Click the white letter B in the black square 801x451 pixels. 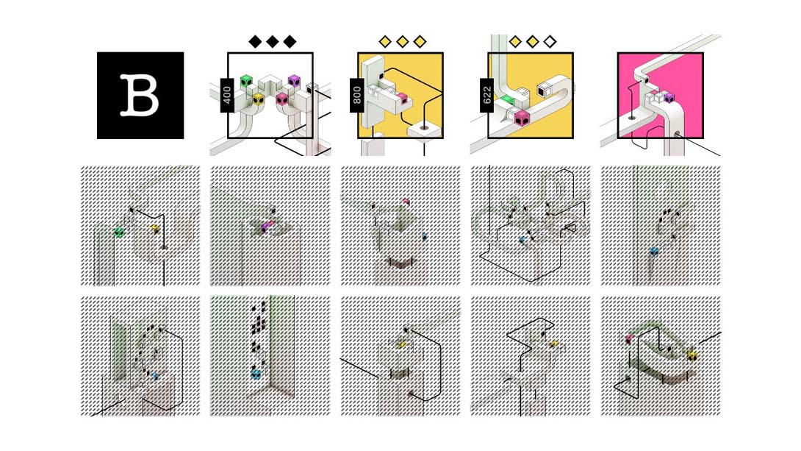point(140,95)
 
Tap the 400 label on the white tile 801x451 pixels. point(227,95)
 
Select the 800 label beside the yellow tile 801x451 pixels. point(356,95)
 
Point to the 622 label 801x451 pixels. point(486,95)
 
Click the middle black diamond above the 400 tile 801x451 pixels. point(273,41)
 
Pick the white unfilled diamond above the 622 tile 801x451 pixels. point(550,41)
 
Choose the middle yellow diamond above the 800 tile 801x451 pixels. point(403,41)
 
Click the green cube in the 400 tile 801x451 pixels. point(247,82)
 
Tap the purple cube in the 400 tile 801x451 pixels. point(294,81)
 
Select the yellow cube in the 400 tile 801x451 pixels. point(259,99)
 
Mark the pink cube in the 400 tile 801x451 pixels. point(282,99)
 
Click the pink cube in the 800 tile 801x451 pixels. point(403,99)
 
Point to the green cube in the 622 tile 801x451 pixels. point(507,100)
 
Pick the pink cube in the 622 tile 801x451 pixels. point(522,118)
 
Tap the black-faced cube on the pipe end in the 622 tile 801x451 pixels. point(543,90)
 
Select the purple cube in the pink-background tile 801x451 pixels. point(669,97)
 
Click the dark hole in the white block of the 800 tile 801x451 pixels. point(423,127)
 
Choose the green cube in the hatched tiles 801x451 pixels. point(119,232)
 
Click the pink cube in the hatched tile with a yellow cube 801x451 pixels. point(629,338)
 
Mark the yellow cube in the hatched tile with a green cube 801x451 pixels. point(155,229)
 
